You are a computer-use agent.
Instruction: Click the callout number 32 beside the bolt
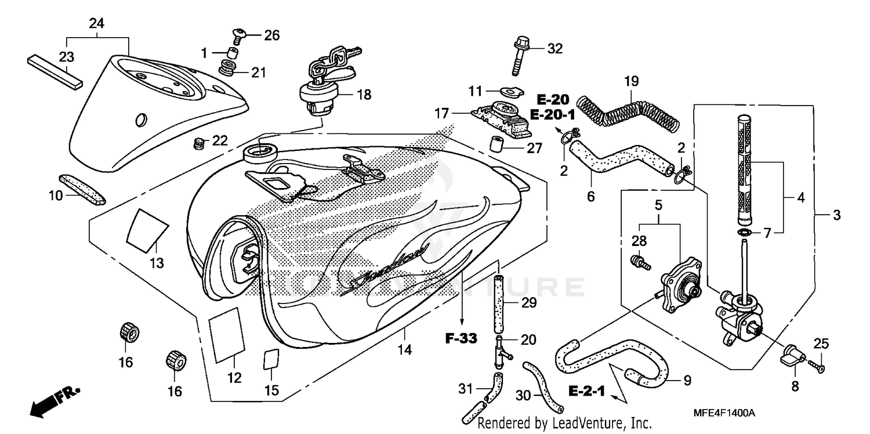tap(555, 49)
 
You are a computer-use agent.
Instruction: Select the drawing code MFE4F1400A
tap(723, 413)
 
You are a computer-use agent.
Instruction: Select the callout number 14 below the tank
tap(405, 350)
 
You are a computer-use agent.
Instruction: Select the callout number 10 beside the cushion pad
tap(55, 196)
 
